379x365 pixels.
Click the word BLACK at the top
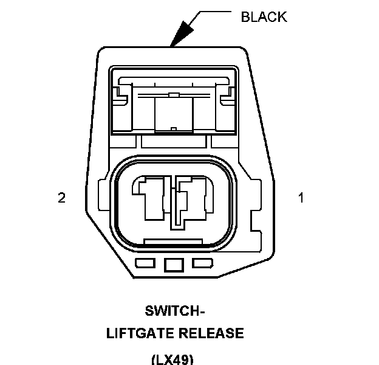[264, 17]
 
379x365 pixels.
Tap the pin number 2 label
[61, 198]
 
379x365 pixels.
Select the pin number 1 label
[300, 198]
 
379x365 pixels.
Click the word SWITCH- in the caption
[175, 311]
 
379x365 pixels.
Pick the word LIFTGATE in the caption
[139, 333]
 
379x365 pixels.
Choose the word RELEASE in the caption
[213, 333]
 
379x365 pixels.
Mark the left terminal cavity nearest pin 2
[150, 198]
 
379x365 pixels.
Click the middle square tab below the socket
[174, 264]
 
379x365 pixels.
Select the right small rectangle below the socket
[202, 263]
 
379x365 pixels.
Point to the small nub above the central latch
[174, 95]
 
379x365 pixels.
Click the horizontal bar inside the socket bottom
[174, 243]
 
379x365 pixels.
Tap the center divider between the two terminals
[176, 207]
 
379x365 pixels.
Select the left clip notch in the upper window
[123, 95]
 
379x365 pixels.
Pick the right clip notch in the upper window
[227, 95]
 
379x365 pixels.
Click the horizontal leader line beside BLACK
[216, 12]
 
